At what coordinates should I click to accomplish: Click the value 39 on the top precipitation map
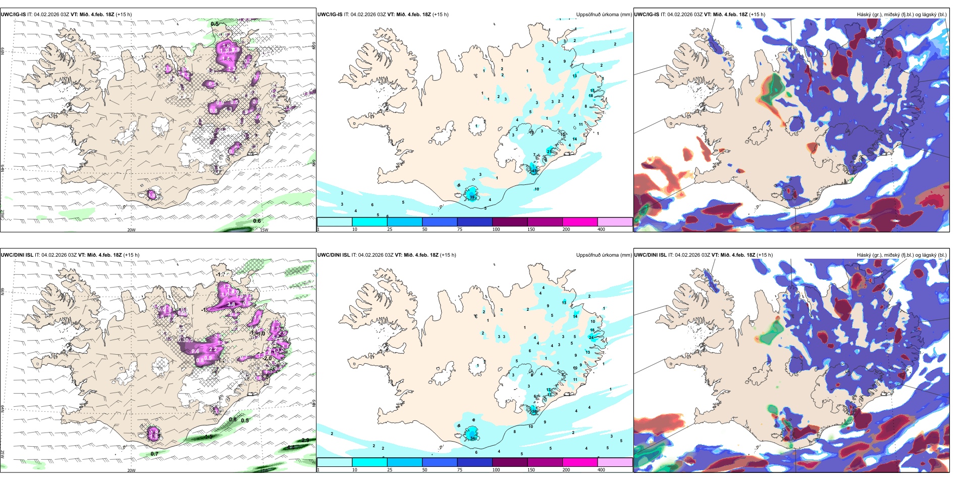pos(472,197)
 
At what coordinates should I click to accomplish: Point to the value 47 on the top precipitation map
pos(534,171)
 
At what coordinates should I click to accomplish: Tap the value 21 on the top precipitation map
pos(550,152)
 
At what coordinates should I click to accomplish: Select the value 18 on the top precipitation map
pos(591,95)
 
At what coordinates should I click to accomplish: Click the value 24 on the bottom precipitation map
pos(591,337)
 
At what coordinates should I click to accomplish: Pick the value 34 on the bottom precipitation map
pos(472,438)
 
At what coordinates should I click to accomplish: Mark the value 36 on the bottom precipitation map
pos(534,411)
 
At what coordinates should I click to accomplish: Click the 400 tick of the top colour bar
pos(601,229)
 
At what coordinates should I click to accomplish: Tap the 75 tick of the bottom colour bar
pos(460,470)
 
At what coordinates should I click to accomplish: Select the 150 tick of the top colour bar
pos(531,229)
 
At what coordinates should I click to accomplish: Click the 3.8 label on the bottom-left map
pos(231,305)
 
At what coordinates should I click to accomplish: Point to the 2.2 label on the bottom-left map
pos(212,349)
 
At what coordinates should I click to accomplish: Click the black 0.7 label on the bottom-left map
pos(154,454)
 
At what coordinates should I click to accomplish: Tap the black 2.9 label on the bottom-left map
pos(305,440)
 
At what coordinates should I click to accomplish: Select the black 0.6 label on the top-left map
pos(257,221)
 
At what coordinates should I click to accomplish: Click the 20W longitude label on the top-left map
pos(131,230)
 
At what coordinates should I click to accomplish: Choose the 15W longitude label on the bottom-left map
pos(263,470)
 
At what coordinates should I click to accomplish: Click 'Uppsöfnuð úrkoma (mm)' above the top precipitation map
pos(604,15)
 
